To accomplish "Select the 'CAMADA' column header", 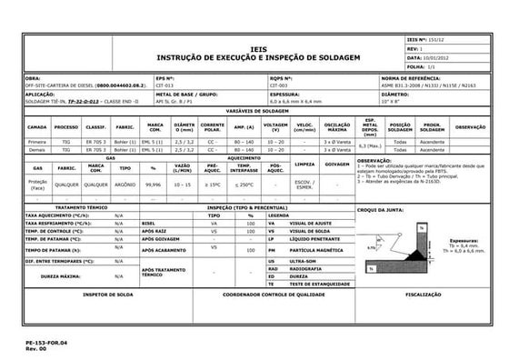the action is pos(37,126).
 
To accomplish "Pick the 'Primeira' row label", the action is pos(37,142).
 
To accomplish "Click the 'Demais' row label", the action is pos(37,150).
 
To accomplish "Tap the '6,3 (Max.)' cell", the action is pos(370,146).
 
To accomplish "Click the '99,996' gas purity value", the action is pos(154,183).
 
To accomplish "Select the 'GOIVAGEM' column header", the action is pos(337,166).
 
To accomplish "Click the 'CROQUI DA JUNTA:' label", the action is pos(383,210).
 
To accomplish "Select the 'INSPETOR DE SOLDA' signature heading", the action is pos(109,295).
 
